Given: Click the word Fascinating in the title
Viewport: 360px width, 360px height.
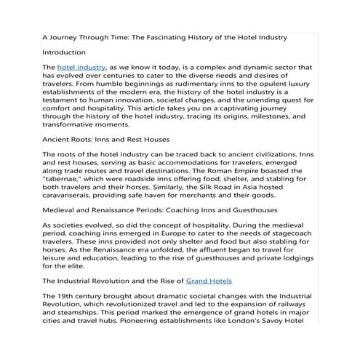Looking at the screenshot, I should click(181, 36).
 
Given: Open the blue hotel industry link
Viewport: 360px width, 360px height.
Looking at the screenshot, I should click(79, 66).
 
